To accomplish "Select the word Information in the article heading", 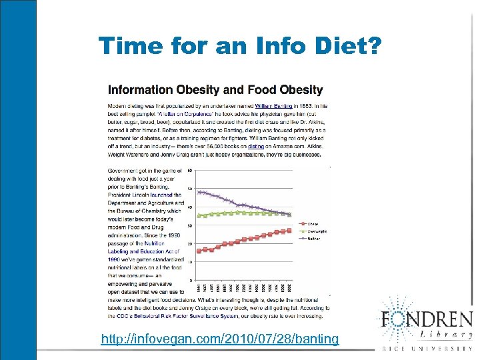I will pos(146,89).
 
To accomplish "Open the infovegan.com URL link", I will pos(219,339).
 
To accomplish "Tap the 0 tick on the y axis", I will pos(191,281).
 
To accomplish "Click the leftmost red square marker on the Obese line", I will pos(198,250).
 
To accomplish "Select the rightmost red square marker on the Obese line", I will pos(289,230).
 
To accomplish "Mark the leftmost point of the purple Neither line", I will pos(198,191).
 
